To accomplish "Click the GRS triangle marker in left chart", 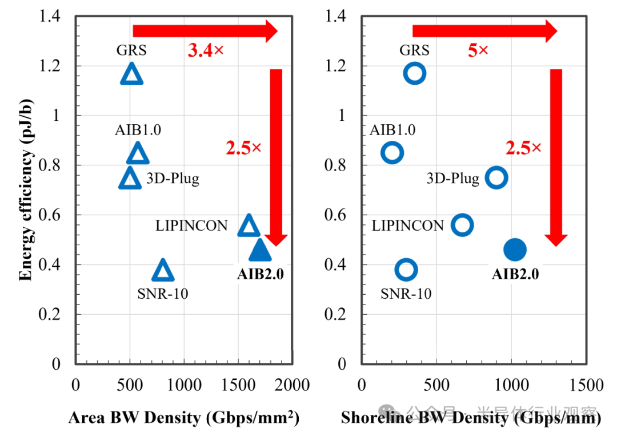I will pos(131,74).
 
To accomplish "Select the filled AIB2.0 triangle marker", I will pos(260,251).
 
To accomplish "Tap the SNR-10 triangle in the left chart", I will pos(163,271).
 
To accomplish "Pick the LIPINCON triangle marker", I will pos(249,226).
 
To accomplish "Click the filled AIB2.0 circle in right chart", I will pos(515,249).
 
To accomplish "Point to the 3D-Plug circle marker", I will pos(496,177).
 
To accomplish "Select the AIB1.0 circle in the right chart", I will pos(392,153).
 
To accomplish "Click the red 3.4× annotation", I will pos(206,50).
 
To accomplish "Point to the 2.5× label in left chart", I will pos(243,148).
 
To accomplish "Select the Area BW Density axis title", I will pos(183,418).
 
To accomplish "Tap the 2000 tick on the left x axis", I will pos(293,385).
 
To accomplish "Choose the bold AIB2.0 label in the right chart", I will pos(515,274).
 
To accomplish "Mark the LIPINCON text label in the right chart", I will pos(407,226).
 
